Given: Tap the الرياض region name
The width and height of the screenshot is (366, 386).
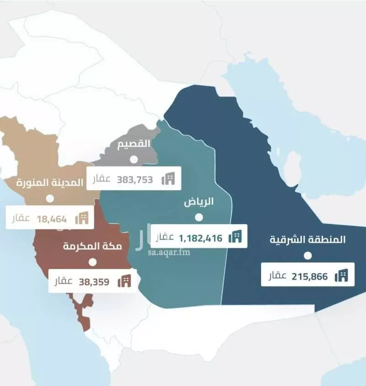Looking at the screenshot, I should pos(199,202).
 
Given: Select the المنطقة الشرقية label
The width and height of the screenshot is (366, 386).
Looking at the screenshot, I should pos(308,239).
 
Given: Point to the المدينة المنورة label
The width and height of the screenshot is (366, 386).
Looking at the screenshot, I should pos(50,182).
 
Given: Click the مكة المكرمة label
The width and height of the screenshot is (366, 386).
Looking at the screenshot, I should pos(92,247).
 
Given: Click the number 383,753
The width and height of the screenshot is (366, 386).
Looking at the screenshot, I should pos(135,179).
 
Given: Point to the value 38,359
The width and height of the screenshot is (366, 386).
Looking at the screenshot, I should pos(94,282).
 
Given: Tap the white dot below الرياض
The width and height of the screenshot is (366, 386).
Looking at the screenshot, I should pos(199,217).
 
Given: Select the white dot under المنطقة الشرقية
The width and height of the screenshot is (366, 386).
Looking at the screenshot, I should pos(308,255).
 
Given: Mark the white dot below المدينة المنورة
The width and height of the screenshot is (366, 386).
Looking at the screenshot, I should pos(49,199).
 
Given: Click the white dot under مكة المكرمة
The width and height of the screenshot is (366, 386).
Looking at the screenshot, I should pos(93,262).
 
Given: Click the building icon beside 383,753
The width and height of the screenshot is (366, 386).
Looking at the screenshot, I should pos(168,179).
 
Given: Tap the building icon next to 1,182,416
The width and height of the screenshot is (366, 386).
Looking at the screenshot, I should pos(235,237).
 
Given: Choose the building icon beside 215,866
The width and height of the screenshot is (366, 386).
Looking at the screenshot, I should pos(341,275).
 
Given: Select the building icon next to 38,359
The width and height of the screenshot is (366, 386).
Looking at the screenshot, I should pos(124,281).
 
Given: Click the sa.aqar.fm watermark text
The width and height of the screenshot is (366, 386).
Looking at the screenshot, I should pos(168,252).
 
